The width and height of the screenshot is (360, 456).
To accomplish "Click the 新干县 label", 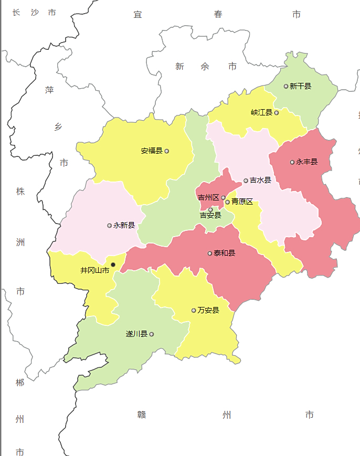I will tap(301, 86).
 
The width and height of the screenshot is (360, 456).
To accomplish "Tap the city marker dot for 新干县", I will tap(286, 86).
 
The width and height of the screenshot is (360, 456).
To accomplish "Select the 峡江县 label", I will tap(262, 112).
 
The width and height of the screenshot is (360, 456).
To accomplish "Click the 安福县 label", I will tap(152, 151).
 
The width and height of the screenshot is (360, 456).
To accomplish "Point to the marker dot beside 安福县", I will tap(167, 151).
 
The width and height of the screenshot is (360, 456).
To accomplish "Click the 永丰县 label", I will tap(307, 162).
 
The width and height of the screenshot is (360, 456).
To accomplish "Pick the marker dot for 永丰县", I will tap(292, 162).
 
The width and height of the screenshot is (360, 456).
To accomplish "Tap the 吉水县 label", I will tap(260, 181).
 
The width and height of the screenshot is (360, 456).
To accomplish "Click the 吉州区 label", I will tap(208, 198).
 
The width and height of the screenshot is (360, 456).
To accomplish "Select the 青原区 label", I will tap(242, 202).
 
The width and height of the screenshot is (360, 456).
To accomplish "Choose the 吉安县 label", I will tap(210, 215).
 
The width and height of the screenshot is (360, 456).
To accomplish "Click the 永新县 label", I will tap(124, 226).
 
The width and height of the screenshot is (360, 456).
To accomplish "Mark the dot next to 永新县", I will tap(110, 226).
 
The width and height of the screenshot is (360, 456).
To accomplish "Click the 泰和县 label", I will tap(225, 253).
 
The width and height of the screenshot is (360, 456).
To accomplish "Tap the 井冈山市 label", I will tap(95, 271).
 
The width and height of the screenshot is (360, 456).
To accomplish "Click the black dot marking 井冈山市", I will tap(113, 265).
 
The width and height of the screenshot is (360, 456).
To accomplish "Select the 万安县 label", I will tap(208, 311).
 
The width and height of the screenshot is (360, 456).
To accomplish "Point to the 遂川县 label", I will tap(136, 334).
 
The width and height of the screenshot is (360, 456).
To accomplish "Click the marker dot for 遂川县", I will tap(152, 334).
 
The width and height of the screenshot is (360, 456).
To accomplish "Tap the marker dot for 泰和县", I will tap(210, 253).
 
